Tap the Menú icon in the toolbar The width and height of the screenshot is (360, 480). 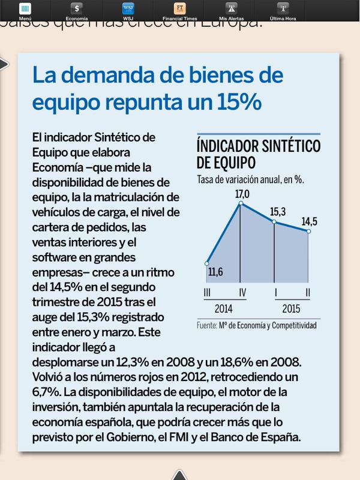click(25, 8)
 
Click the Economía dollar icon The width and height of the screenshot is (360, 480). click(77, 8)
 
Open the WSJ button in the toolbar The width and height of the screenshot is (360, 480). click(128, 8)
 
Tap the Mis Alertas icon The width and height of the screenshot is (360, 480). click(230, 8)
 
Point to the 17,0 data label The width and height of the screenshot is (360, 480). click(242, 194)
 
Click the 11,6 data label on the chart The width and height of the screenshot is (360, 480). click(217, 274)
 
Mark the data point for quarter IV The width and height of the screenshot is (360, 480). click(241, 204)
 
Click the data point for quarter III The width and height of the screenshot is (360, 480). click(206, 263)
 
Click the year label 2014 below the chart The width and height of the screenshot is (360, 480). click(223, 310)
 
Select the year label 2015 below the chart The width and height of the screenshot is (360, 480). click(292, 310)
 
